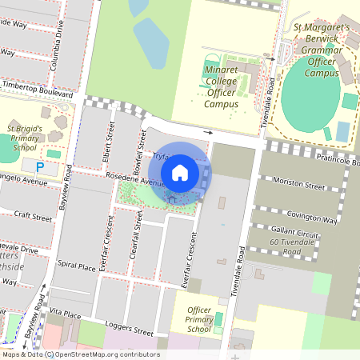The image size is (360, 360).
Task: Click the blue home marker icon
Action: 180,172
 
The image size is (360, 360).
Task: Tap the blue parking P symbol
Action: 40,166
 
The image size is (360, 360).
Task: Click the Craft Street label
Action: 33,217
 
